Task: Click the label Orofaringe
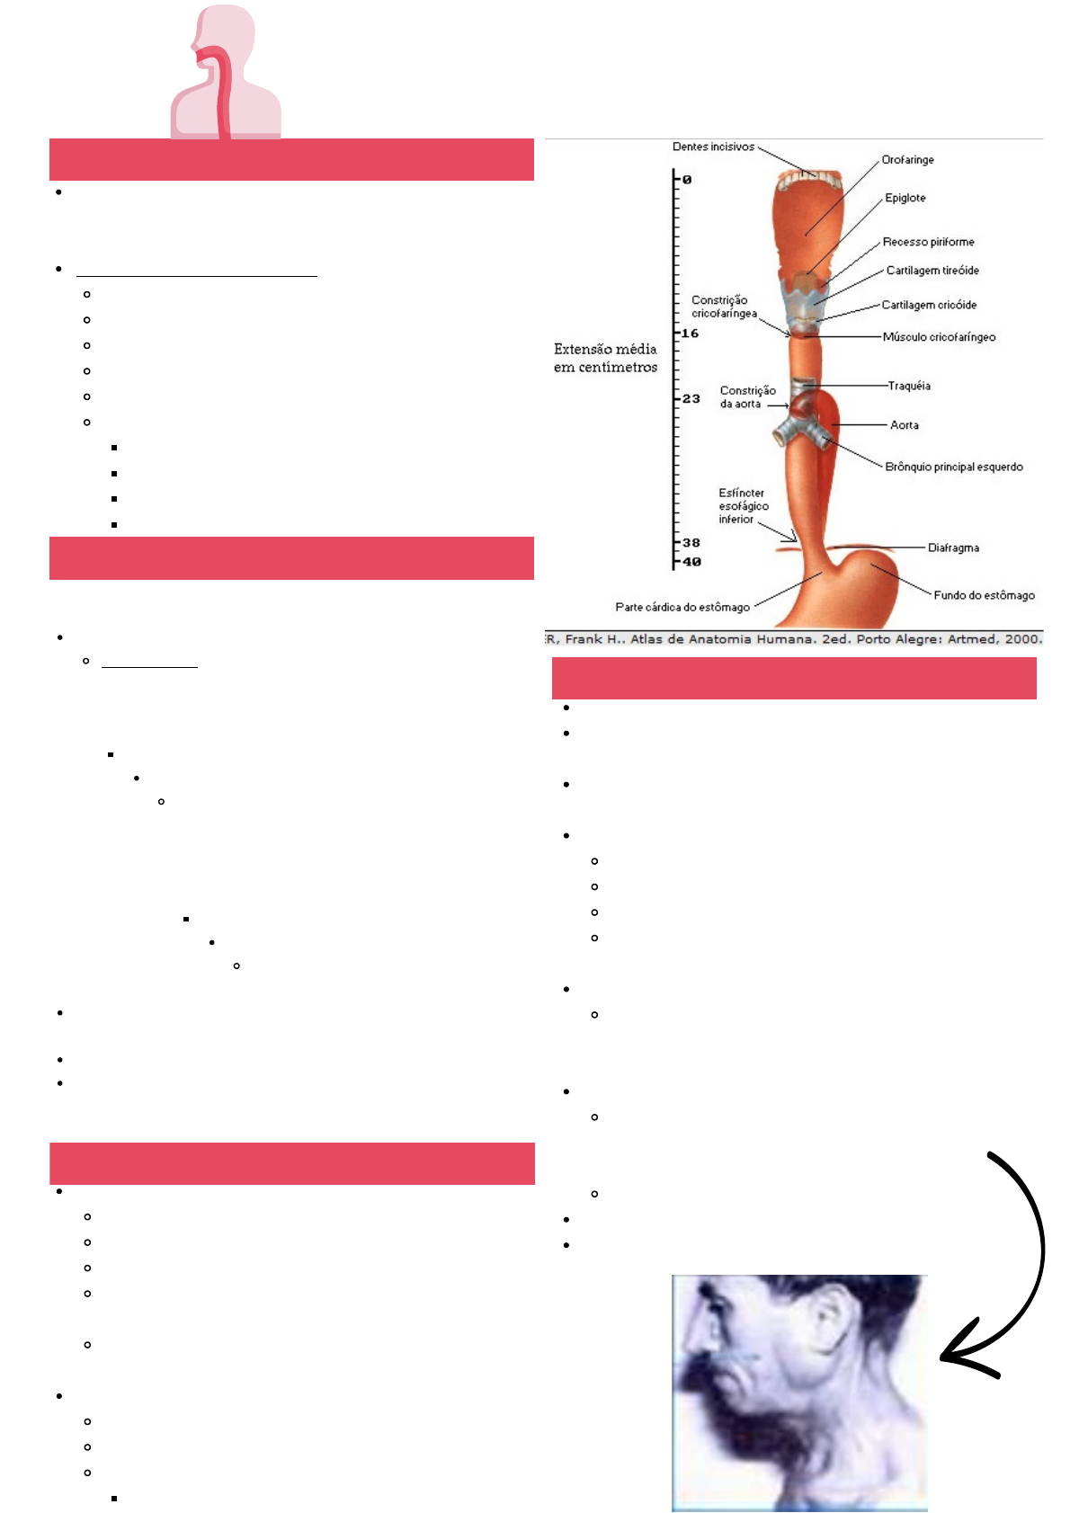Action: tap(907, 160)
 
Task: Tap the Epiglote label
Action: tap(905, 198)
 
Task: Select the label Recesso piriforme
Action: tap(928, 242)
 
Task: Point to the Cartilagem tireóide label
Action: tap(932, 271)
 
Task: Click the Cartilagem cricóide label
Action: tap(929, 305)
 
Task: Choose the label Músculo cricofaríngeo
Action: tap(939, 337)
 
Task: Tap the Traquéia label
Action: tap(909, 386)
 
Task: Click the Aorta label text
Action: tap(904, 425)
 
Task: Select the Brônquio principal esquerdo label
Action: tap(953, 467)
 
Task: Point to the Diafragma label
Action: tap(953, 547)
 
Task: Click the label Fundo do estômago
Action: tap(984, 595)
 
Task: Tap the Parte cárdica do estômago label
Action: tap(682, 607)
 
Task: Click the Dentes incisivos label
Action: tap(713, 147)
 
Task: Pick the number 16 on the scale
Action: tap(690, 334)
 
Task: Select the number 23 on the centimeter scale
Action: tap(691, 399)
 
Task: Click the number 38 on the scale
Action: tap(691, 543)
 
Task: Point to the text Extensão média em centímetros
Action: tap(605, 358)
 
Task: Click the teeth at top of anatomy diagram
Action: tap(808, 181)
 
